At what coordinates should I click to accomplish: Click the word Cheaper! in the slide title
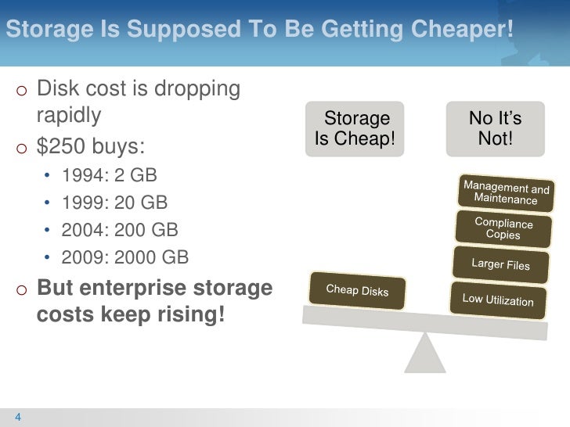461,30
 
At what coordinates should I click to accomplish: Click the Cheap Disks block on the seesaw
357,290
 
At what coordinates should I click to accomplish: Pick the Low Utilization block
498,300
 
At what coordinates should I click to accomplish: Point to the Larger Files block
500,264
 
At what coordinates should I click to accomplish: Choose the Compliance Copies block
503,228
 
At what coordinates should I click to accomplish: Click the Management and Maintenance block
506,192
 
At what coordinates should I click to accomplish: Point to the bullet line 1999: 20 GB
115,203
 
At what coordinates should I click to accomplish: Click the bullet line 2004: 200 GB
121,231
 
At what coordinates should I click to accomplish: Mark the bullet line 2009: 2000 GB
125,258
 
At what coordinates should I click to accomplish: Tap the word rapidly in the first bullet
69,117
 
